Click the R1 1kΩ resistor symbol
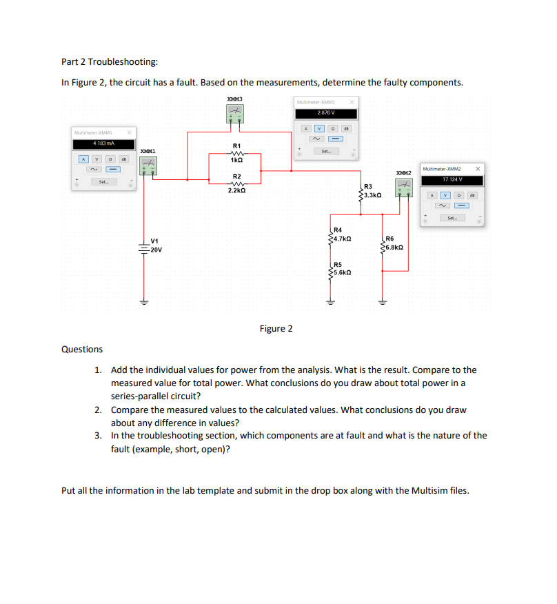(236, 154)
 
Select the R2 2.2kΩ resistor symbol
(236, 184)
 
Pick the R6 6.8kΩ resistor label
(394, 242)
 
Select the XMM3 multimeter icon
(234, 114)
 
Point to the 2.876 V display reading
(326, 112)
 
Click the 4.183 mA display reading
(103, 143)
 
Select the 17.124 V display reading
(452, 180)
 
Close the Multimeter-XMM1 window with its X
(129, 132)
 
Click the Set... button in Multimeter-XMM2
(452, 218)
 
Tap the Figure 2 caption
(276, 328)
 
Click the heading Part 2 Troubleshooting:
(110, 62)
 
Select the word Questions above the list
(82, 350)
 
